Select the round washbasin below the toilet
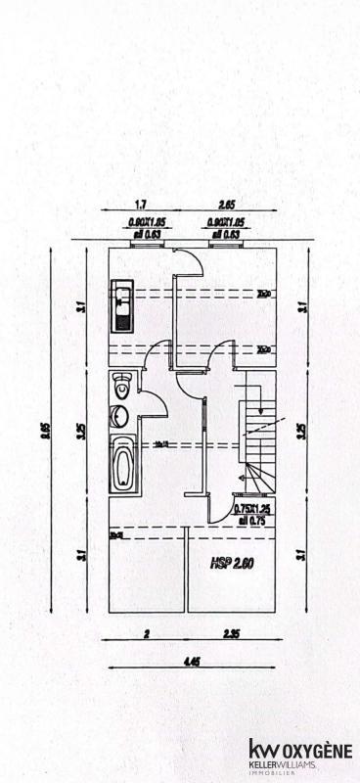pyautogui.click(x=119, y=415)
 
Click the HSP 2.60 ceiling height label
pyautogui.click(x=233, y=564)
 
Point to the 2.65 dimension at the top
pyautogui.click(x=226, y=206)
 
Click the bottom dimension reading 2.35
pyautogui.click(x=231, y=634)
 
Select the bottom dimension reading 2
pyautogui.click(x=146, y=634)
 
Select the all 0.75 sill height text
pyautogui.click(x=251, y=521)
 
